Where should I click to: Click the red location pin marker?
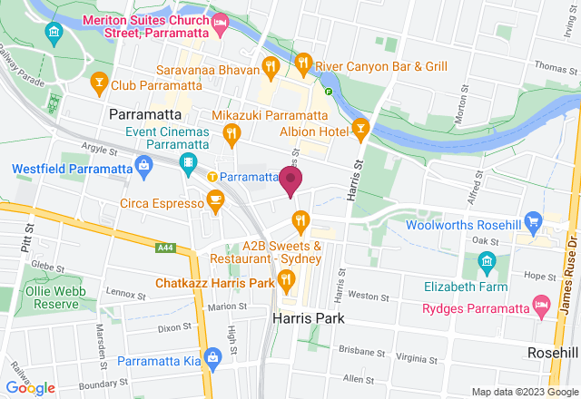click(x=290, y=180)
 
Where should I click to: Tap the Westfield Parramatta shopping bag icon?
click(x=143, y=165)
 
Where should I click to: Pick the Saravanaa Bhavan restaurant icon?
click(x=270, y=65)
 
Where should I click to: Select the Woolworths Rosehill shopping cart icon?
click(x=534, y=220)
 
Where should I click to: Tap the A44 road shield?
click(x=164, y=247)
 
